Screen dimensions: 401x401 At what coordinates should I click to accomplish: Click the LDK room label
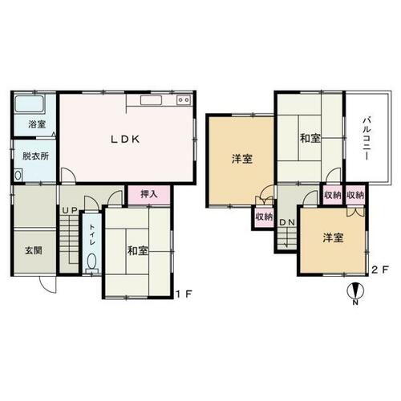(125, 140)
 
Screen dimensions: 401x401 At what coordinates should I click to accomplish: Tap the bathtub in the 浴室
(30, 103)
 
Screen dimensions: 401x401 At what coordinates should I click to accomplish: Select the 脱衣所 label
(35, 156)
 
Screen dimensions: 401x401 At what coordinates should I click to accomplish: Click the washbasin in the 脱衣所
(18, 176)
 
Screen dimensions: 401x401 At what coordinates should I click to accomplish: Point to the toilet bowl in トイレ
(92, 261)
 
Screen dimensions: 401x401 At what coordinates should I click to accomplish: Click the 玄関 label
(34, 251)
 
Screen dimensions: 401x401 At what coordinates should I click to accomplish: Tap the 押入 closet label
(149, 194)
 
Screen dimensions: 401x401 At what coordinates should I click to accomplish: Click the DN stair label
(287, 222)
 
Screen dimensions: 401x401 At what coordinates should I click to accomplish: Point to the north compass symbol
(355, 292)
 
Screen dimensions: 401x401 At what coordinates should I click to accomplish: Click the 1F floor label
(184, 294)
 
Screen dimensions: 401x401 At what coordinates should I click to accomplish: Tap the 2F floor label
(380, 270)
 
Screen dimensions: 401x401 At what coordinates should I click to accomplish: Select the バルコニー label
(367, 139)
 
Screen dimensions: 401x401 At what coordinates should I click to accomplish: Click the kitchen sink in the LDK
(151, 100)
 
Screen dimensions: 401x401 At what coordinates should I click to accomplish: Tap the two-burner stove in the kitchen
(183, 99)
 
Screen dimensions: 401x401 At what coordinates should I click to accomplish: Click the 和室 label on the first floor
(137, 251)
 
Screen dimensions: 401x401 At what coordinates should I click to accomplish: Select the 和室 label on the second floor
(310, 139)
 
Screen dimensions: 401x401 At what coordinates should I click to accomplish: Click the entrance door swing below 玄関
(48, 285)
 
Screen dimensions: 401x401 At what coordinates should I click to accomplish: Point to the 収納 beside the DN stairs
(264, 217)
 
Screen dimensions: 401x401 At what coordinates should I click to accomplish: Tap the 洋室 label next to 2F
(333, 237)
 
